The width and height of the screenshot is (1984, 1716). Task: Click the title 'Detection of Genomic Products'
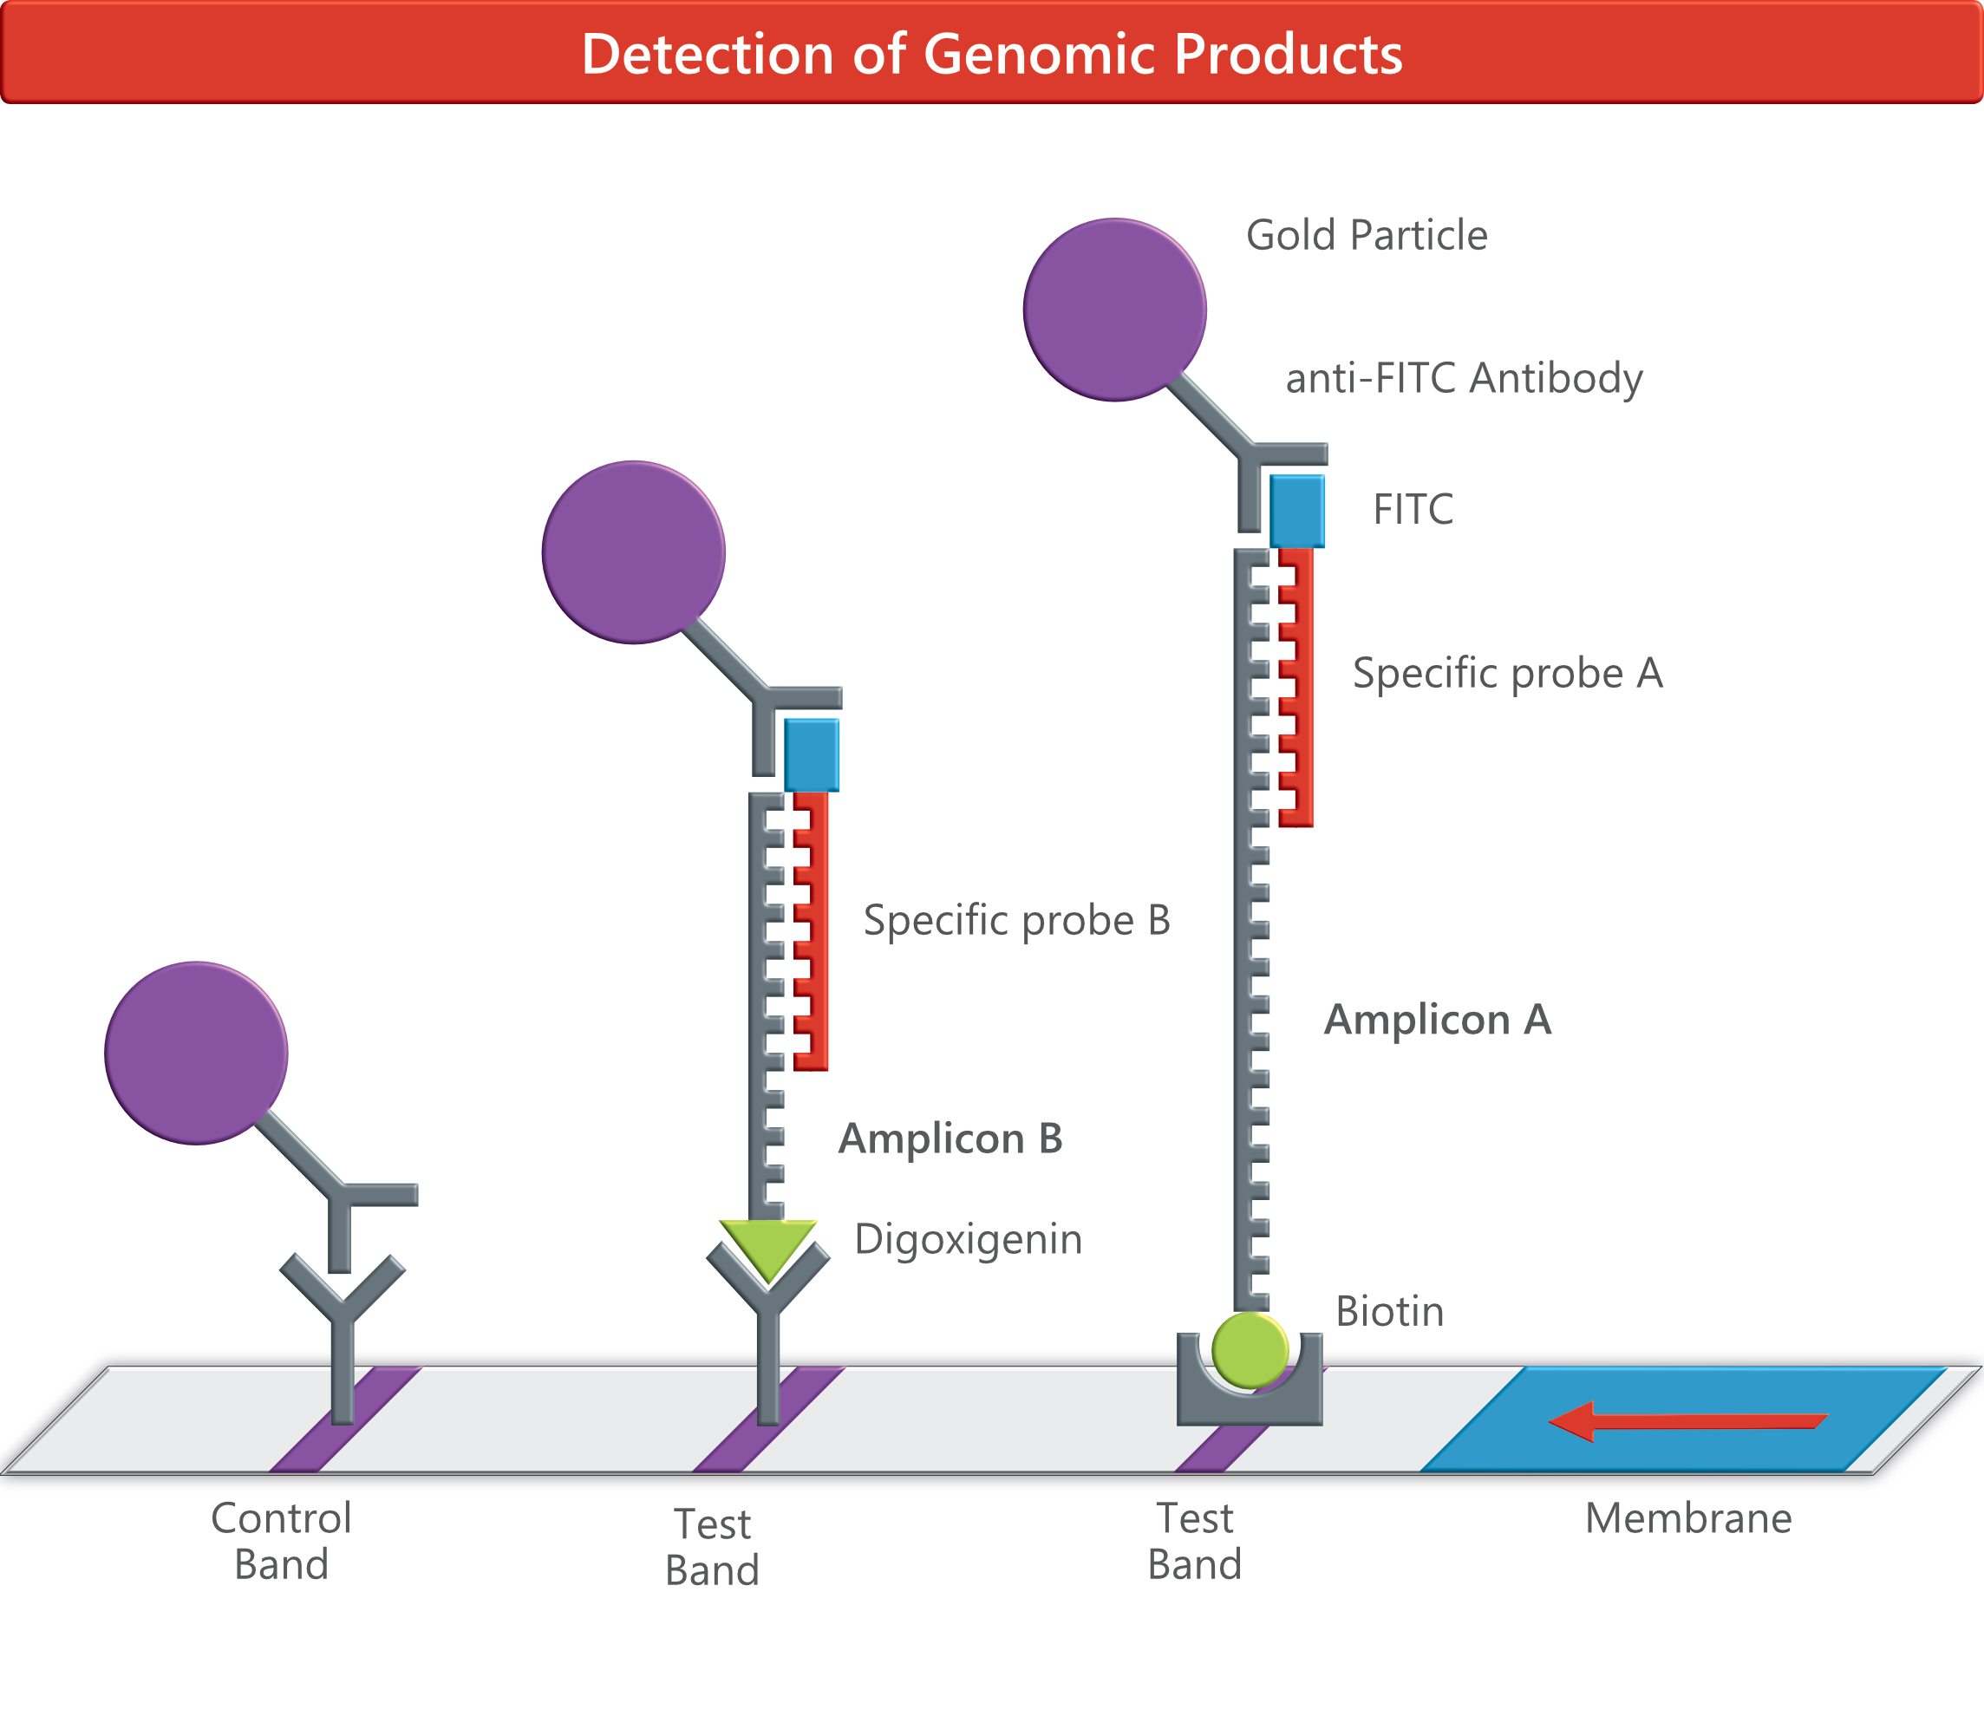[992, 54]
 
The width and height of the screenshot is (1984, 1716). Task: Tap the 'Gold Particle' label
[1367, 236]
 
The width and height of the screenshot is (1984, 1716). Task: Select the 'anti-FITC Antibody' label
[1464, 378]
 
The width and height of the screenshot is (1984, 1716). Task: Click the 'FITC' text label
[1413, 510]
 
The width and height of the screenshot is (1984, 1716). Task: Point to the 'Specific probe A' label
[1507, 673]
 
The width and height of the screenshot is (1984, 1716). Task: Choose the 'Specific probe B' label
[1017, 920]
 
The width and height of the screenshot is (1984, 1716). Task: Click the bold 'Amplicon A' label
[1437, 1020]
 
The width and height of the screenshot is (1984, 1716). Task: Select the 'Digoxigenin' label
[968, 1239]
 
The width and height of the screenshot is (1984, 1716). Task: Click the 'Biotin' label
[1389, 1312]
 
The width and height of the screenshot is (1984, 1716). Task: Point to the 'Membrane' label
[1688, 1519]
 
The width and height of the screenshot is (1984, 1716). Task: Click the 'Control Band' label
[282, 1542]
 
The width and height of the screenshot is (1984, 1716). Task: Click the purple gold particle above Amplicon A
[1114, 310]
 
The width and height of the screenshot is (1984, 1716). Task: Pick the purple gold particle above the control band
[196, 1053]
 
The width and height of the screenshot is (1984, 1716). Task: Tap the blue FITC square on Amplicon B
[812, 754]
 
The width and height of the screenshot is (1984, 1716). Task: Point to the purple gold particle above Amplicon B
[633, 552]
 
